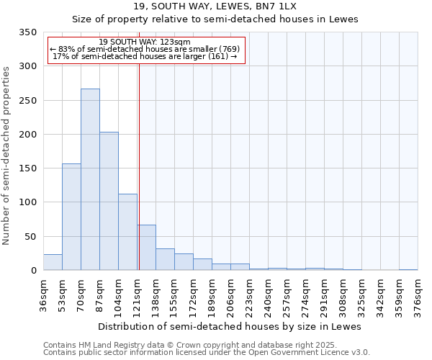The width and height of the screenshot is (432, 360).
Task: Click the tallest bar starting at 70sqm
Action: [90, 179]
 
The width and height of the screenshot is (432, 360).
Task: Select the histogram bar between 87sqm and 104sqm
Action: [109, 201]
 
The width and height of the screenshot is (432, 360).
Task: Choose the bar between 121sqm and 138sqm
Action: [146, 248]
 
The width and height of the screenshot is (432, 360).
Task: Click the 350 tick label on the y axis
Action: [27, 32]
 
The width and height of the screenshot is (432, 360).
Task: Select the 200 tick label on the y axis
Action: [27, 135]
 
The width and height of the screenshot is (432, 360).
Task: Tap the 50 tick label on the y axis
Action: [30, 237]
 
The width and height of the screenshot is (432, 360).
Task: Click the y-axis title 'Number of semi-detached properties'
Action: [7, 156]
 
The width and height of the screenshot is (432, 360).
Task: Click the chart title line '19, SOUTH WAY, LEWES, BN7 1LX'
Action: [215, 6]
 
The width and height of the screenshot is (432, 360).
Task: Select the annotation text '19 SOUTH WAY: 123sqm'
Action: [144, 42]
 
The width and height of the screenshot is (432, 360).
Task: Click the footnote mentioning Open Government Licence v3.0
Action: [206, 352]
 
